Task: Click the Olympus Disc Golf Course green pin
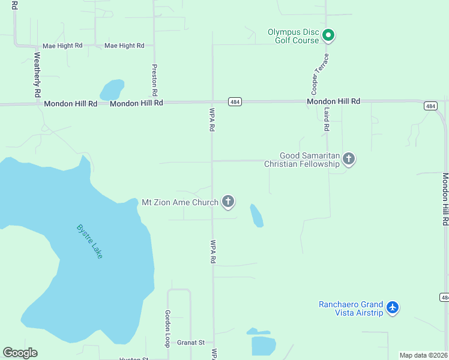(328, 35)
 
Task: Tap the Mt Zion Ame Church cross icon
(228, 202)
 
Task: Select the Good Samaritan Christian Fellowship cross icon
(349, 159)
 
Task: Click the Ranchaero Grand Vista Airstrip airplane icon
(393, 308)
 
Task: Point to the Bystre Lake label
(90, 241)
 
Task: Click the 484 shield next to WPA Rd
(235, 102)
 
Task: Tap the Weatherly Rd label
(37, 75)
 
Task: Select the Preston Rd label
(155, 80)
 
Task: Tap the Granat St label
(191, 343)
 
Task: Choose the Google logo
(20, 353)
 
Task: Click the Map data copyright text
(424, 355)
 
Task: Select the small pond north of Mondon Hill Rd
(112, 90)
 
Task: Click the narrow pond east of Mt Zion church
(256, 215)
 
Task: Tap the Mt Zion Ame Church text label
(180, 202)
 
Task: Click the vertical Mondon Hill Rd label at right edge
(445, 199)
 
